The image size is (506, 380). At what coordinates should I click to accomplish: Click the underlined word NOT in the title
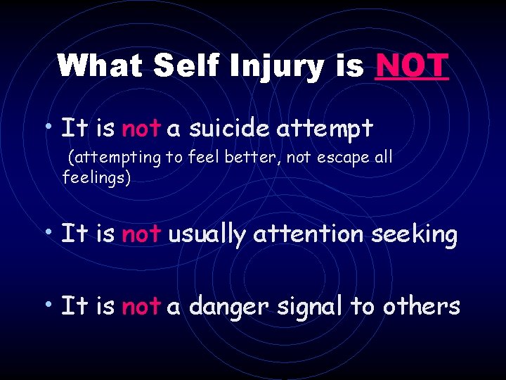(412, 65)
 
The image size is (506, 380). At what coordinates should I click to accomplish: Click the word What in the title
(100, 65)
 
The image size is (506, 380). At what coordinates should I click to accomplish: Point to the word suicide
(231, 128)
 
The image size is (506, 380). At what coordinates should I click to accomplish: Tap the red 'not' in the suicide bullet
(141, 129)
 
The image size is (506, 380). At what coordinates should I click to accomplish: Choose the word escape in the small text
(342, 158)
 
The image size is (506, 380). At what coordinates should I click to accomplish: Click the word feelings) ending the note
(96, 178)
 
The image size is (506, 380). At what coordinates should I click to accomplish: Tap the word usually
(207, 234)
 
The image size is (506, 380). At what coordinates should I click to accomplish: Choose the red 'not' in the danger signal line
(141, 307)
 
